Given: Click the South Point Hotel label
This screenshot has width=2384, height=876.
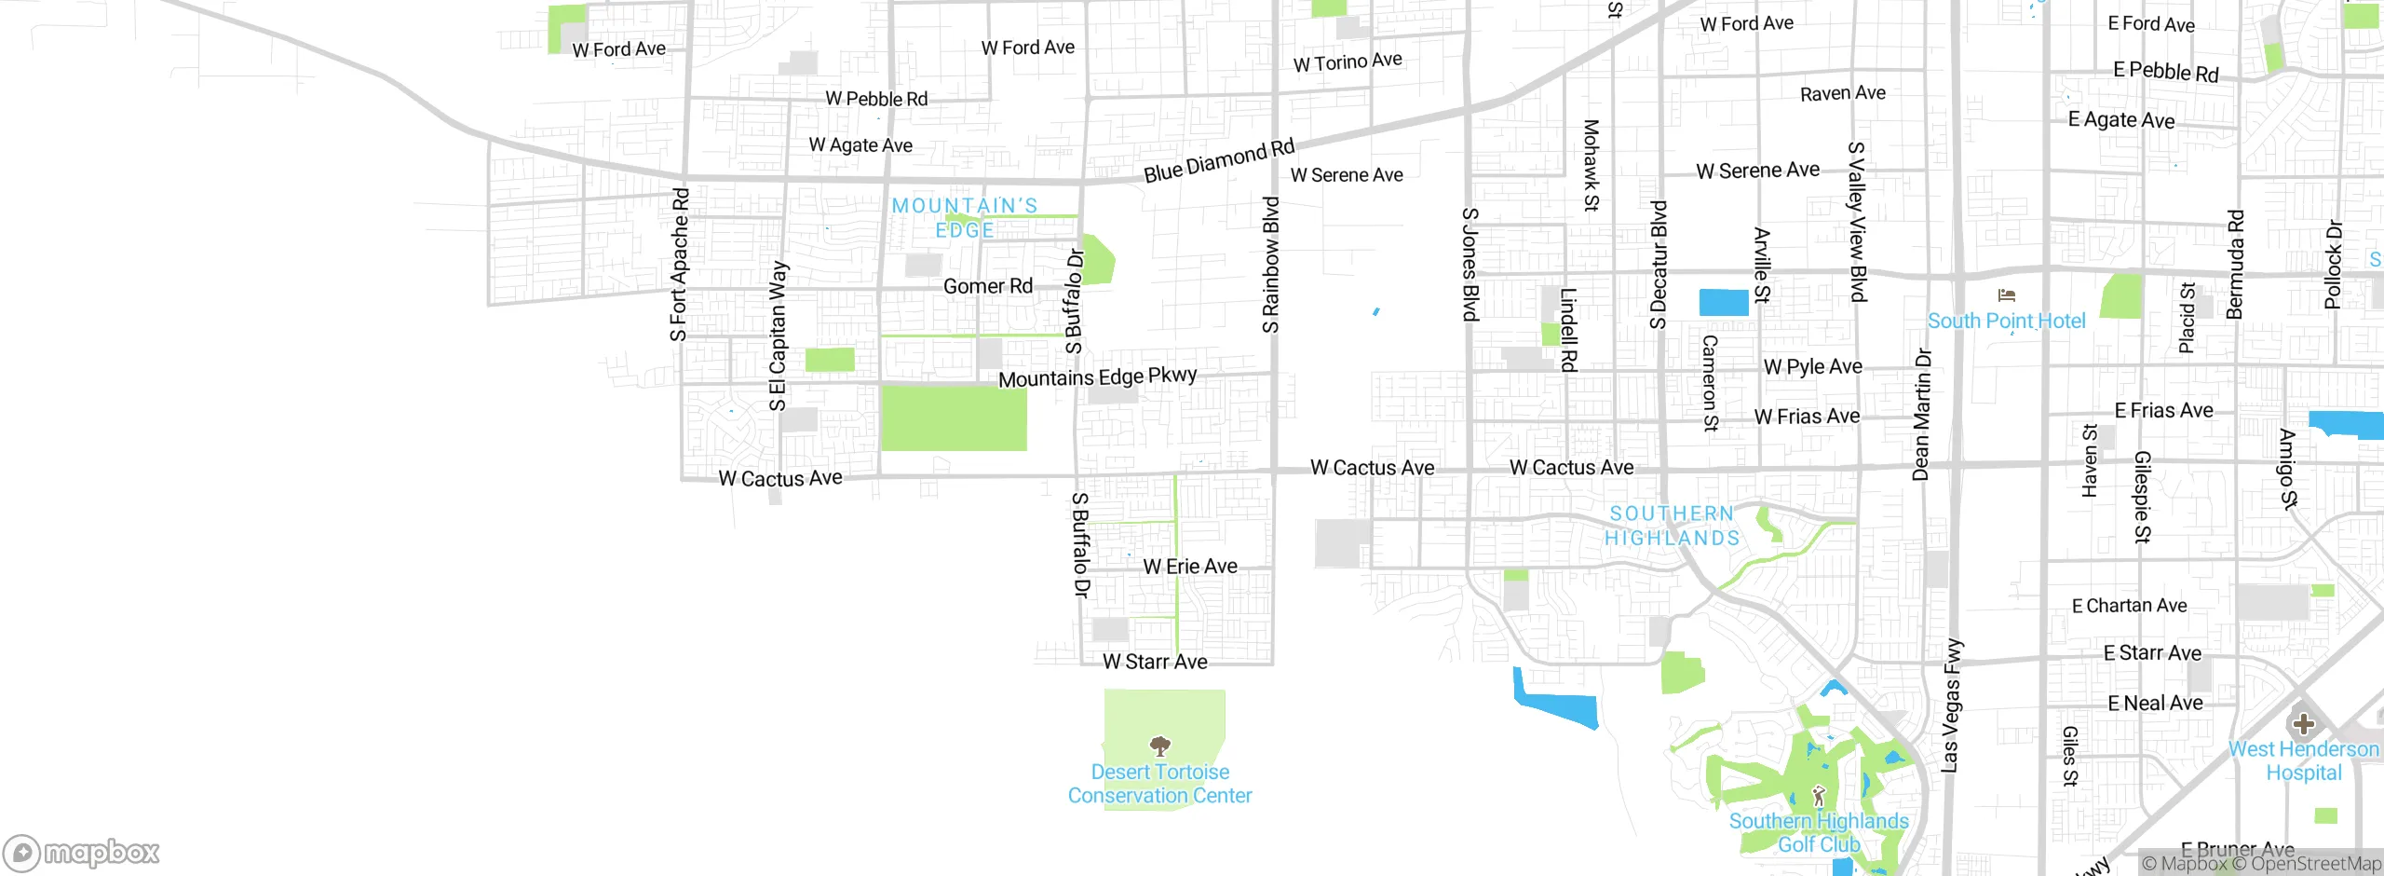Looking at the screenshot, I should tap(2006, 321).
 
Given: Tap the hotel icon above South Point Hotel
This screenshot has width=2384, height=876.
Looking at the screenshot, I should tap(2007, 295).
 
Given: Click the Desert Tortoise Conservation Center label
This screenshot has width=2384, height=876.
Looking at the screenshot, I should tap(1159, 784).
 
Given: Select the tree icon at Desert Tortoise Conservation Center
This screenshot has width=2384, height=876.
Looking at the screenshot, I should tap(1159, 746).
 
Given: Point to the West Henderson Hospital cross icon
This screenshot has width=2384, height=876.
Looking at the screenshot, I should tap(2303, 724).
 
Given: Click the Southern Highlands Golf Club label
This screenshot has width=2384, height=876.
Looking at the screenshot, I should tap(1819, 832).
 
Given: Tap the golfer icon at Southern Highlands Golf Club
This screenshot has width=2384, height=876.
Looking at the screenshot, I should tap(1819, 796).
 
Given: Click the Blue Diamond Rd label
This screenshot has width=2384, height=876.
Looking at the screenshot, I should tap(1219, 161).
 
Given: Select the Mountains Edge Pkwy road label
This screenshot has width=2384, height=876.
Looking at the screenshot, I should tap(1097, 376).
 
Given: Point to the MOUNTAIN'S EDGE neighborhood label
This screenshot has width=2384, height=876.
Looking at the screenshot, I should tap(965, 217).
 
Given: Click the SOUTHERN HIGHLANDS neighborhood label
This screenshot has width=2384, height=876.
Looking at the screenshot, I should tap(1672, 526).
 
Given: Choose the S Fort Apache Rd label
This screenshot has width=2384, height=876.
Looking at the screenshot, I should tap(680, 265).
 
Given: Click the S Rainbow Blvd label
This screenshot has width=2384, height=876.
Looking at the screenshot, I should tap(1271, 265).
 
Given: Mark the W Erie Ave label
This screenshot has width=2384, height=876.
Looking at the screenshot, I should tap(1190, 567).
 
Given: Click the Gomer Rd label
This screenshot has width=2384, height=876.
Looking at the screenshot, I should tap(988, 286).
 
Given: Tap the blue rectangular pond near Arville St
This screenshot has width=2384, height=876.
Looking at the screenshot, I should tap(1724, 303).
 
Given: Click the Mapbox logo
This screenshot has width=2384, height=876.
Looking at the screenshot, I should tap(82, 853).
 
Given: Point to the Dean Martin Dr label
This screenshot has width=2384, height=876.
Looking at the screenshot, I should tap(1922, 415).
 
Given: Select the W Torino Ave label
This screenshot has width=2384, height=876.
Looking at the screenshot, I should tap(1348, 62).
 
